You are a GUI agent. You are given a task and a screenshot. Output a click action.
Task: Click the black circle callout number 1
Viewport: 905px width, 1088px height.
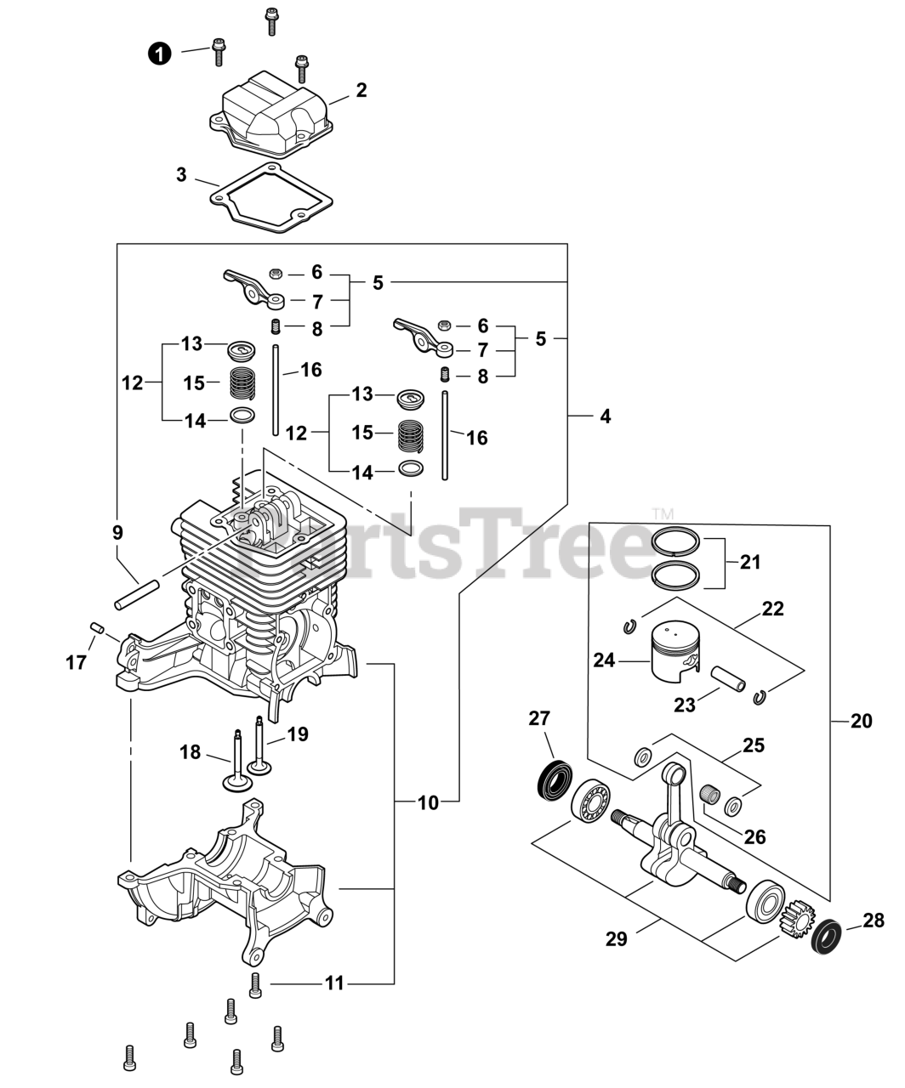click(159, 53)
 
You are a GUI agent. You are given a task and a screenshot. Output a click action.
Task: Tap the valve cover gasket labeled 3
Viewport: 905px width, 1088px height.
click(271, 196)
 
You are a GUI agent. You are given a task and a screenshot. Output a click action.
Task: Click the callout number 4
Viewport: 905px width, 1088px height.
click(605, 416)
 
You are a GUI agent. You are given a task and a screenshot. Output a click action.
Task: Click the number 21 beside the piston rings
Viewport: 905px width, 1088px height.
click(750, 562)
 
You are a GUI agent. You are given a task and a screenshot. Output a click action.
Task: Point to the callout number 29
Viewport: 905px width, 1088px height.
click(616, 938)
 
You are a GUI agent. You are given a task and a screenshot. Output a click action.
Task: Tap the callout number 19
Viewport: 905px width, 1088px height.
click(298, 734)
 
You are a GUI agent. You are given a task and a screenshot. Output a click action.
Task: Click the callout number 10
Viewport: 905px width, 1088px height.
click(429, 802)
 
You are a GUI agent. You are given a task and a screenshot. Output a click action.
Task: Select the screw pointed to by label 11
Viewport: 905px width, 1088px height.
click(254, 985)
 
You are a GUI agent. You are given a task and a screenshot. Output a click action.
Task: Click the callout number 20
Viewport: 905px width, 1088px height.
click(861, 721)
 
